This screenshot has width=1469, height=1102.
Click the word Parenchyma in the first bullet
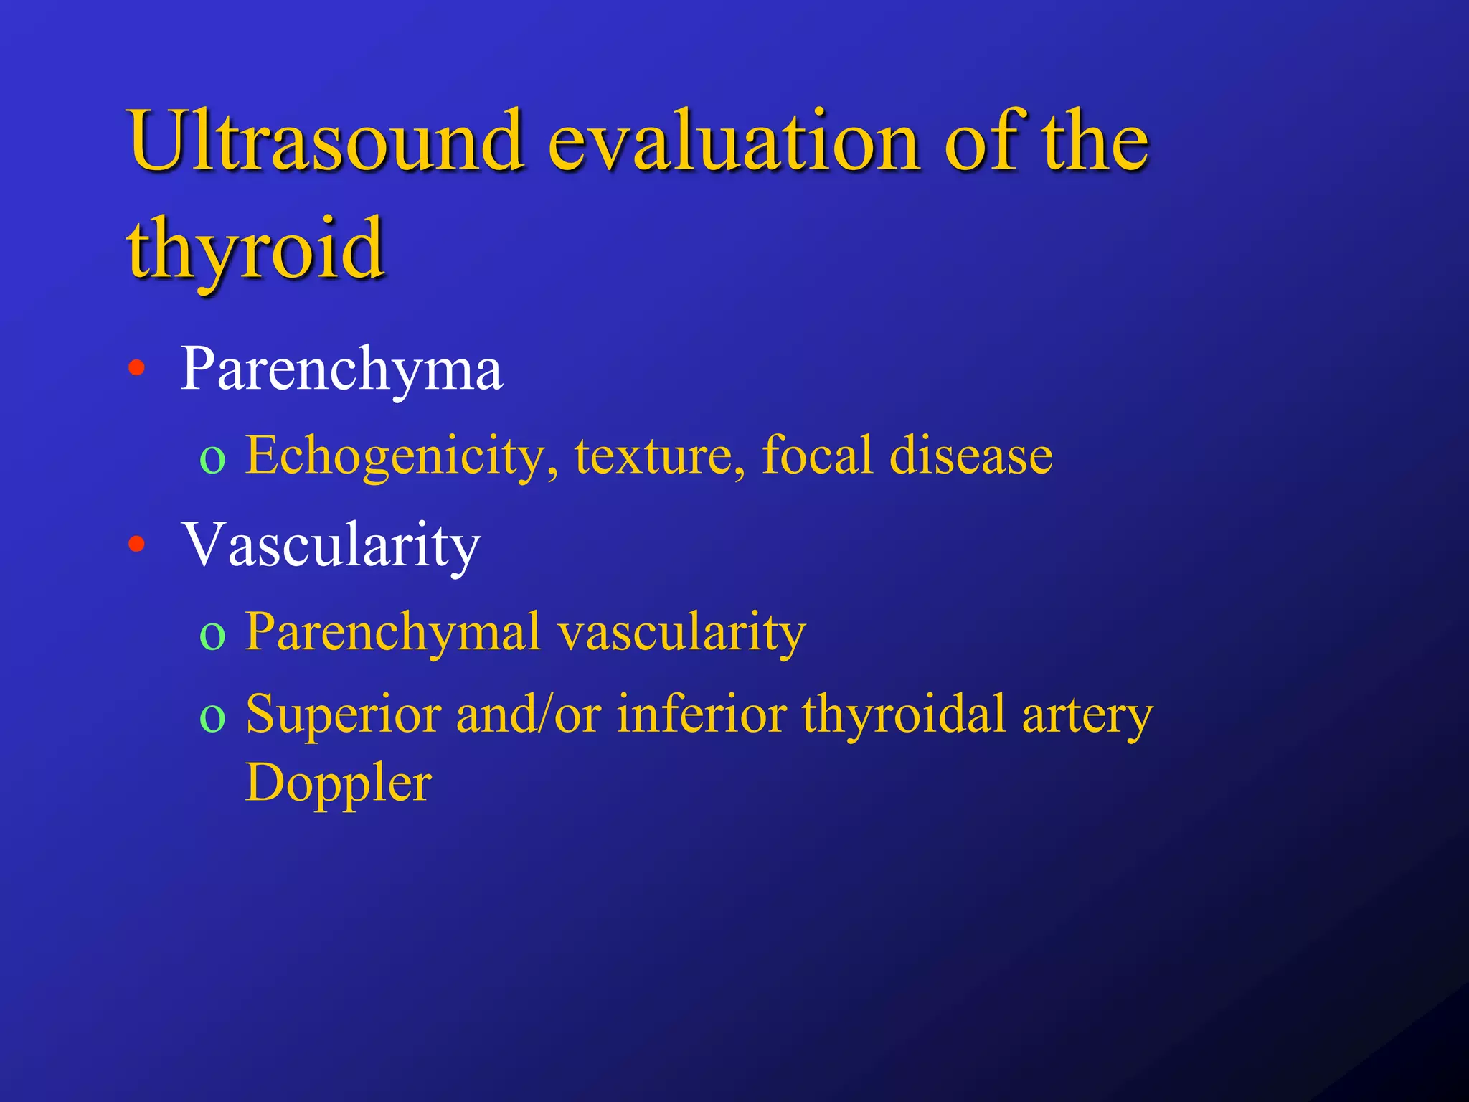coord(341,369)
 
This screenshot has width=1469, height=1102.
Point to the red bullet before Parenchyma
coord(136,369)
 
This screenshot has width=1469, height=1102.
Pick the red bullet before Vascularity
coord(136,545)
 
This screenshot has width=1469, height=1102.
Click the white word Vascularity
coord(331,545)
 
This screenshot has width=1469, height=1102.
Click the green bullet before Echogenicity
coord(212,459)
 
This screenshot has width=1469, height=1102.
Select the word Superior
coord(343,715)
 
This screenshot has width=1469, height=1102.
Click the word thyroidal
coord(904,715)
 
